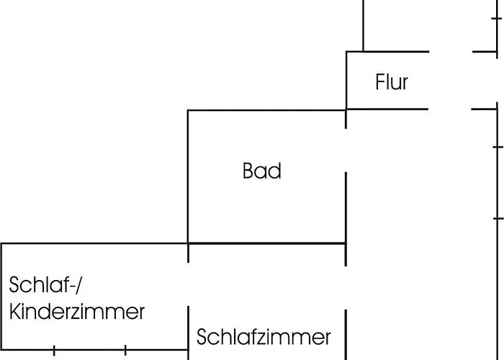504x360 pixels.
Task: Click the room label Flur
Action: coord(392,81)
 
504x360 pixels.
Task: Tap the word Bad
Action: coord(261,171)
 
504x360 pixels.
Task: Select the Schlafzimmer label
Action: coord(264,337)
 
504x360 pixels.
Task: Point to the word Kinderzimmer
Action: coord(77,312)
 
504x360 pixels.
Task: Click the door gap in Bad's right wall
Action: coord(346,150)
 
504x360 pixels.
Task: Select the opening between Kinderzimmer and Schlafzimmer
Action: coord(188,284)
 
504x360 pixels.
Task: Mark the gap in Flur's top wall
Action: coord(451,52)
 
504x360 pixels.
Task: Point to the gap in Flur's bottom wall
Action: coord(450,109)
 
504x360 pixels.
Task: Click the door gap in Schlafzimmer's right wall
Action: coord(346,288)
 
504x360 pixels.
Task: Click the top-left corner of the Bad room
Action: coord(188,110)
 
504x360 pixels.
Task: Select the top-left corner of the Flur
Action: coord(346,52)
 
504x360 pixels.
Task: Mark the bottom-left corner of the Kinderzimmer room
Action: coord(2,350)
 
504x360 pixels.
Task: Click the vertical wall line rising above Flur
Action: coord(363,25)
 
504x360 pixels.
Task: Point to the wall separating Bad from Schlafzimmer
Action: coord(266,243)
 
